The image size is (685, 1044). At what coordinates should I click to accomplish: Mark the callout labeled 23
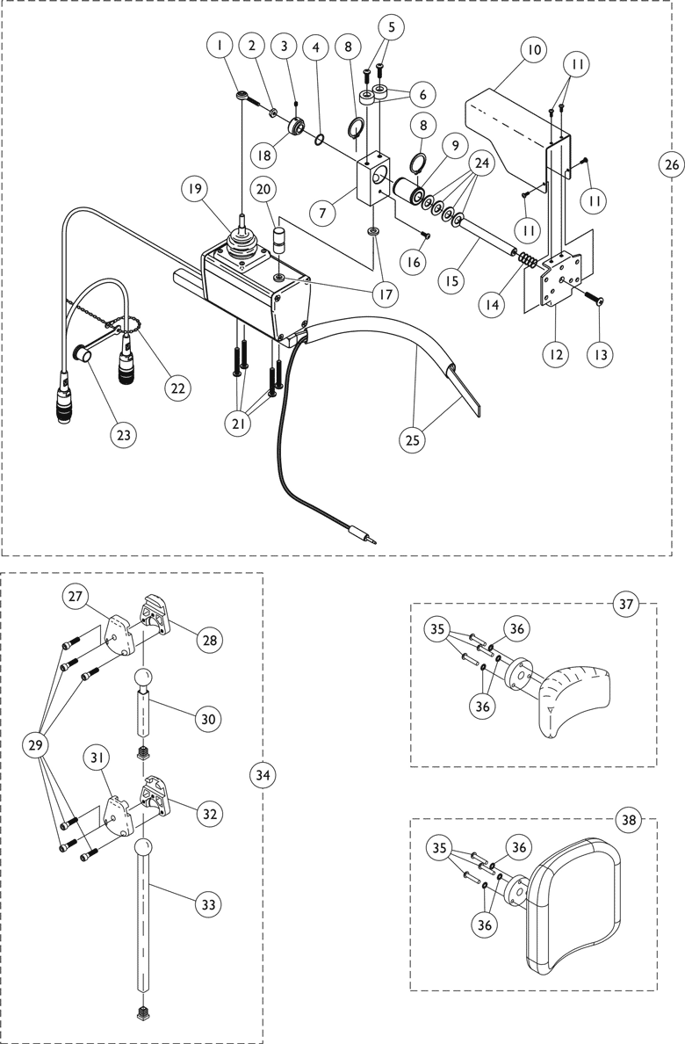click(124, 433)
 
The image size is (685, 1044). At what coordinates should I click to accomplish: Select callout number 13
click(602, 354)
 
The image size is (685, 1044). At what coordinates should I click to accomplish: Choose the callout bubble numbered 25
click(412, 439)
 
